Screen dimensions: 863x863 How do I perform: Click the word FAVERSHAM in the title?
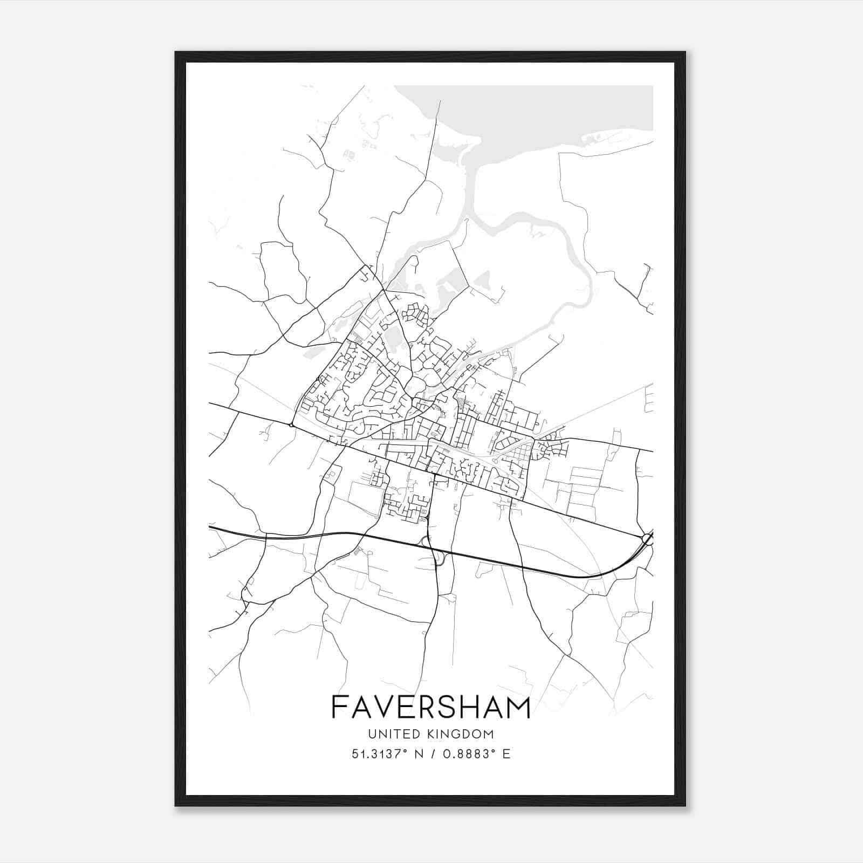pos(431,708)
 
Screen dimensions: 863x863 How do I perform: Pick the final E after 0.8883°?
pos(506,754)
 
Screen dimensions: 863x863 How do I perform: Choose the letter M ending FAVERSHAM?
pos(519,708)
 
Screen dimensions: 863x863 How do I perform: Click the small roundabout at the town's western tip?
pos(291,426)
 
